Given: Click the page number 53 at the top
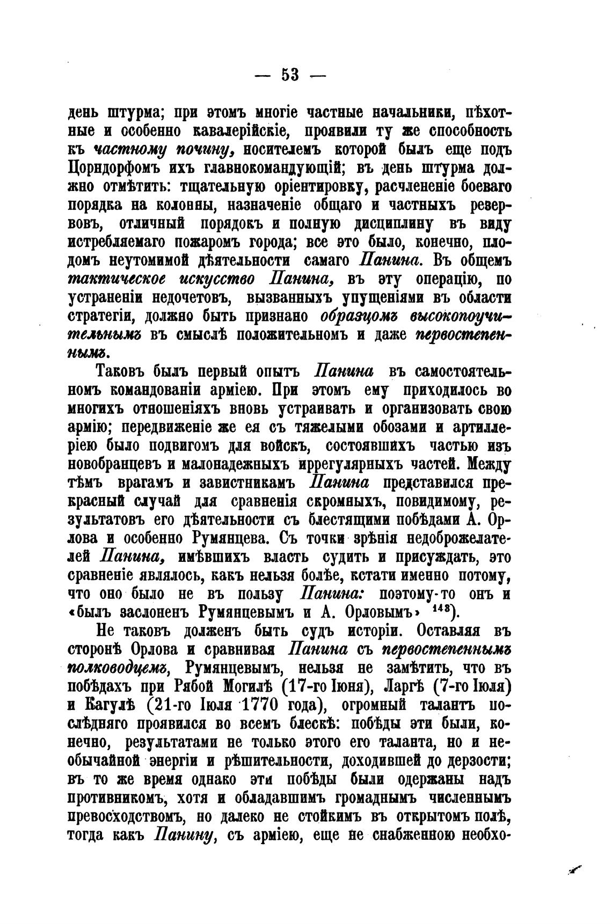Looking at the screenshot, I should tap(290, 74).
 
